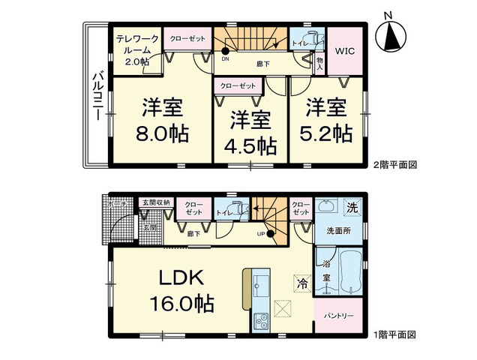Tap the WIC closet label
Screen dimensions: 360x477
(x=346, y=51)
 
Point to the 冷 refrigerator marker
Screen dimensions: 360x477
(x=301, y=284)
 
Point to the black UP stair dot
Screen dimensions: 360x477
(x=270, y=233)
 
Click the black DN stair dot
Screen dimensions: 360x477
(x=225, y=50)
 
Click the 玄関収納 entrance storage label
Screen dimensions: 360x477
(x=155, y=202)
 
